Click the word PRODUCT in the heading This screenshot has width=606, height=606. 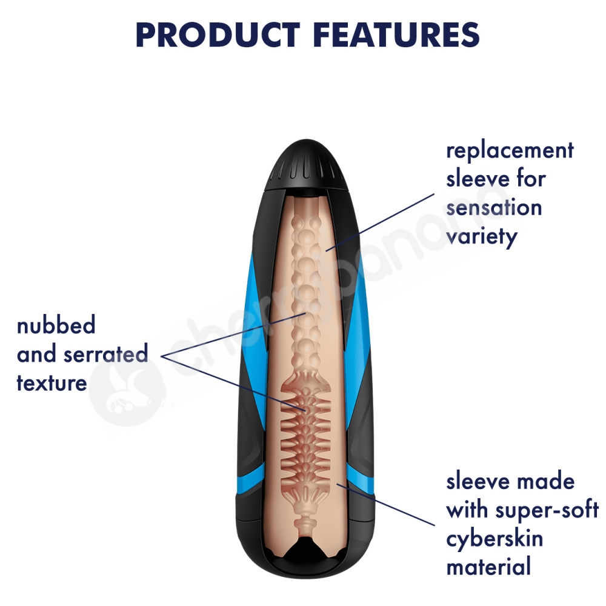(218, 35)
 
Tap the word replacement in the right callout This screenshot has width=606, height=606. (510, 151)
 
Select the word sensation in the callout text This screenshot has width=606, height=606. (494, 207)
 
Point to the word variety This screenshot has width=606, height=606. (482, 236)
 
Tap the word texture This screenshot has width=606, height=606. (52, 382)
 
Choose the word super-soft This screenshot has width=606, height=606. (547, 510)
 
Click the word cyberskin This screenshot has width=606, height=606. (494, 539)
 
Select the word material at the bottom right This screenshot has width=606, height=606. (488, 567)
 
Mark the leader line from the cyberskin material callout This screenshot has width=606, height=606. (385, 504)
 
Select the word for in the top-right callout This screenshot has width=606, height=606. (531, 179)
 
